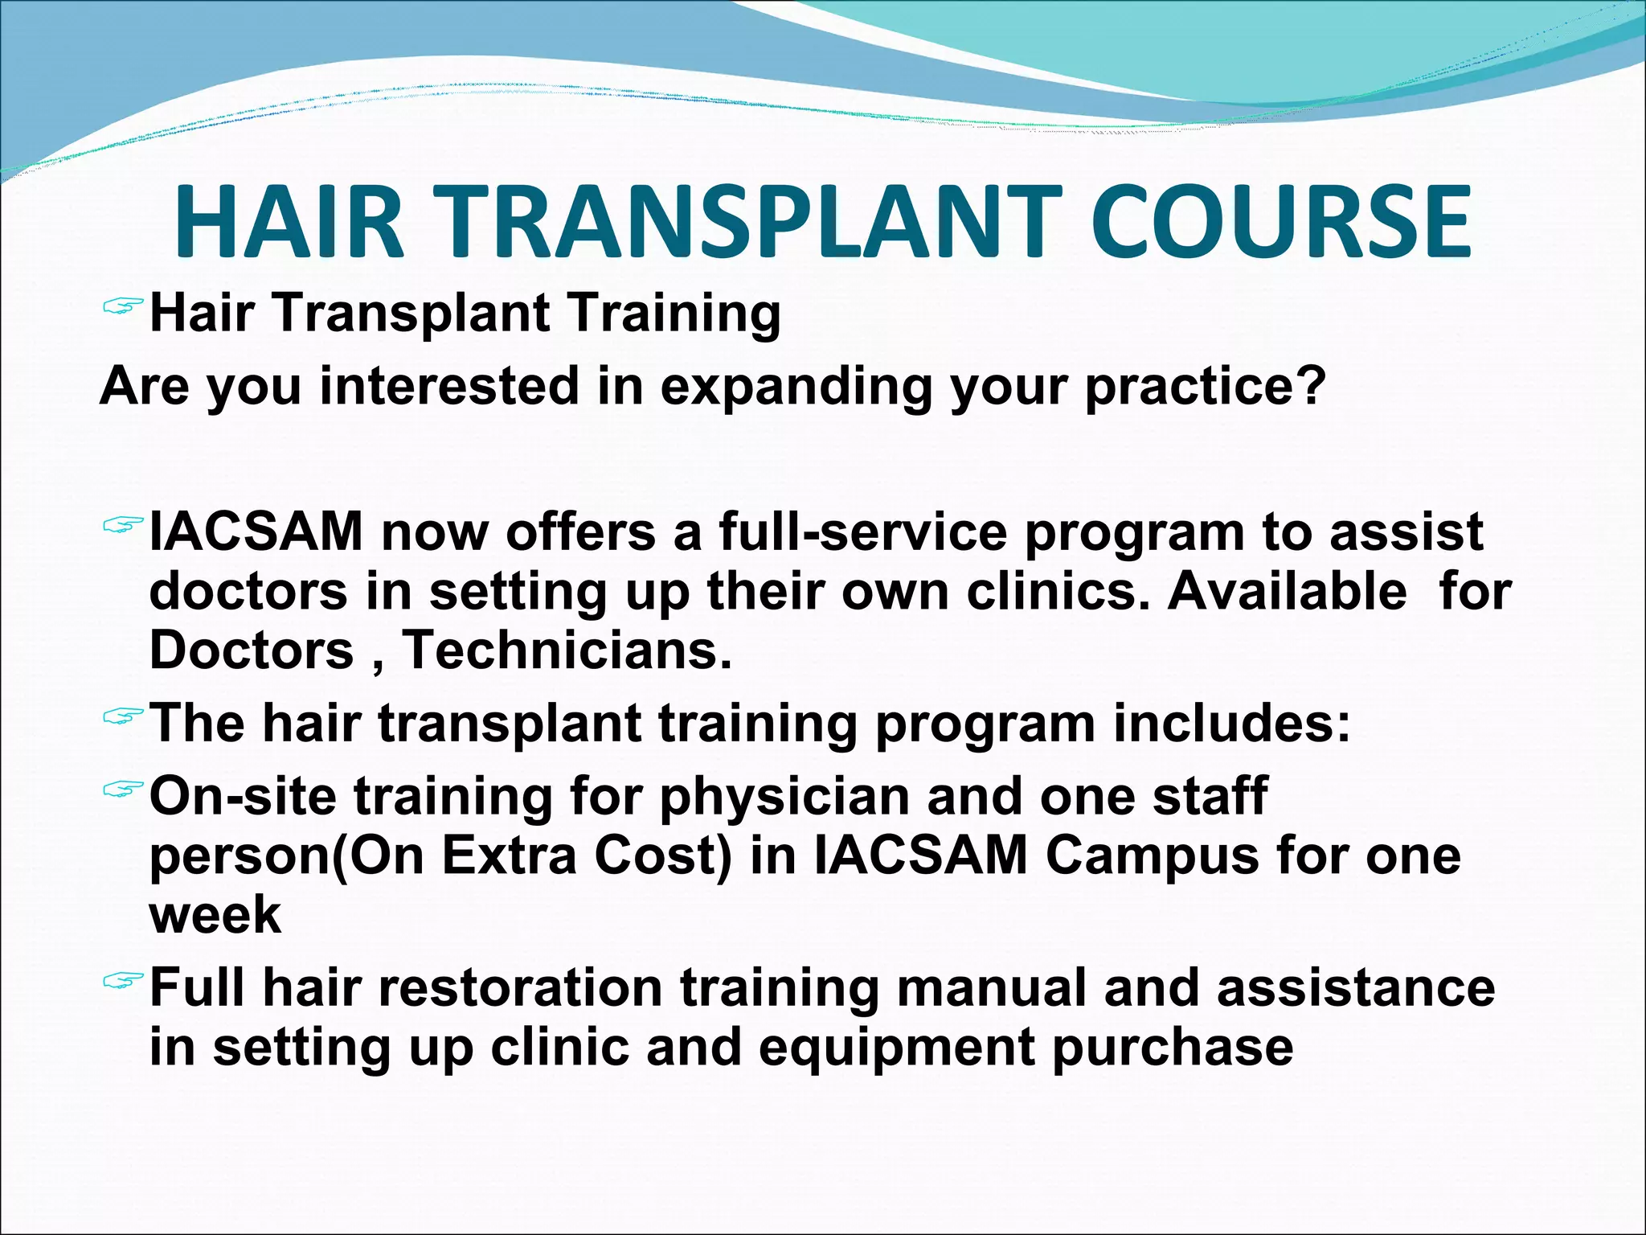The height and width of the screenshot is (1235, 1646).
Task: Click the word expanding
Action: coord(796,388)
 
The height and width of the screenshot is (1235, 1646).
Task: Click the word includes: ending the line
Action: coord(1231,723)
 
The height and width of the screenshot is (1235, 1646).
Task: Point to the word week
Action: coord(215,915)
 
